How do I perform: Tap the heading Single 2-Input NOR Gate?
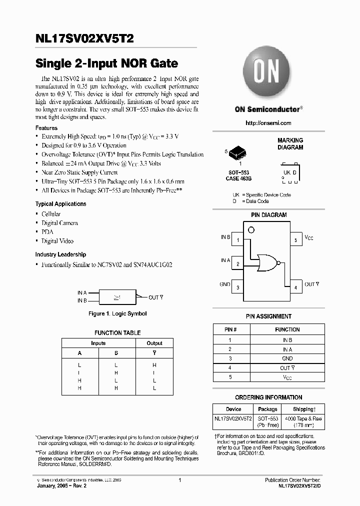click(x=106, y=64)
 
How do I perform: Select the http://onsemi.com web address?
click(x=268, y=123)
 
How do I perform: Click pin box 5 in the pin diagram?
click(x=295, y=240)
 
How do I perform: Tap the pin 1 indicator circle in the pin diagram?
click(x=251, y=230)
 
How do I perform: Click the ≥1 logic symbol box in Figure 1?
click(x=117, y=297)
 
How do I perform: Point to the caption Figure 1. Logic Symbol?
click(x=117, y=314)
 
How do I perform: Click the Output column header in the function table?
click(x=154, y=343)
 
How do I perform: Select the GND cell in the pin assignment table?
click(x=287, y=358)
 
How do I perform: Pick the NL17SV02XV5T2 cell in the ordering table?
click(x=233, y=417)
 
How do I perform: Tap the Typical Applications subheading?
click(x=60, y=204)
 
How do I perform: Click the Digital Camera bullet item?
click(x=59, y=223)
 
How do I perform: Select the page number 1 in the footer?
click(x=179, y=480)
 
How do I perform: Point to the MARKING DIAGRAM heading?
click(x=290, y=144)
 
